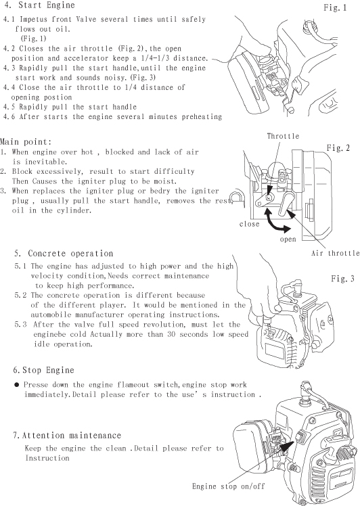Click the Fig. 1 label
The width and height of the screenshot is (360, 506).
[335, 7]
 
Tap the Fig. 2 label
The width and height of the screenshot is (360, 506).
[338, 147]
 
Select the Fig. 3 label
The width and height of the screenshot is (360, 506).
[342, 279]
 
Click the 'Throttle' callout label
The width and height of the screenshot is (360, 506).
[283, 136]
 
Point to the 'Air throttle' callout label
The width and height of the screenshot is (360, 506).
[336, 253]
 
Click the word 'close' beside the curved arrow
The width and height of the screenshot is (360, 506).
[249, 224]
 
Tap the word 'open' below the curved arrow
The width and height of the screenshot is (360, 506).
[288, 239]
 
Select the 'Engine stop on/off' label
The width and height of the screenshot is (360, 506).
[228, 486]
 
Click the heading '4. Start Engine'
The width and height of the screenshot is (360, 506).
[39, 5]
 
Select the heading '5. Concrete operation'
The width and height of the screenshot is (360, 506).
[64, 253]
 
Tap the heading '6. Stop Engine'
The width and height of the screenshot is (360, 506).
[43, 370]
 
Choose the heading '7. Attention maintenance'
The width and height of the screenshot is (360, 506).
[67, 436]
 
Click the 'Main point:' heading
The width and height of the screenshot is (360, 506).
[26, 141]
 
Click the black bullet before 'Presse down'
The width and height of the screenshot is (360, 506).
[17, 385]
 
